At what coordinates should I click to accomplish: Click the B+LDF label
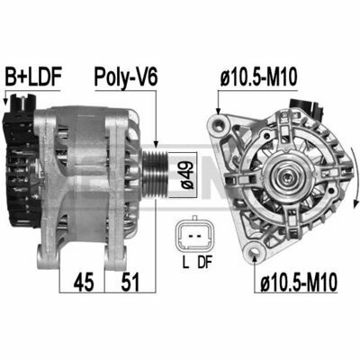click(33, 76)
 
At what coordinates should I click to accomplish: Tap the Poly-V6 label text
click(125, 78)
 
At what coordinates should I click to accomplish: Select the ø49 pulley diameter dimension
click(187, 175)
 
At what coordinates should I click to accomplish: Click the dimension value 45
click(84, 282)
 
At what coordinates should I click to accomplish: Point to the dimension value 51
click(130, 282)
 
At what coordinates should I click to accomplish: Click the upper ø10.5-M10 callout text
click(258, 76)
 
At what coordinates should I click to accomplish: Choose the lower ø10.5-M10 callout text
click(299, 282)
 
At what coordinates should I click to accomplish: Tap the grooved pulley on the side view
click(155, 175)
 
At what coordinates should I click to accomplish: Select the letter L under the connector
click(185, 263)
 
